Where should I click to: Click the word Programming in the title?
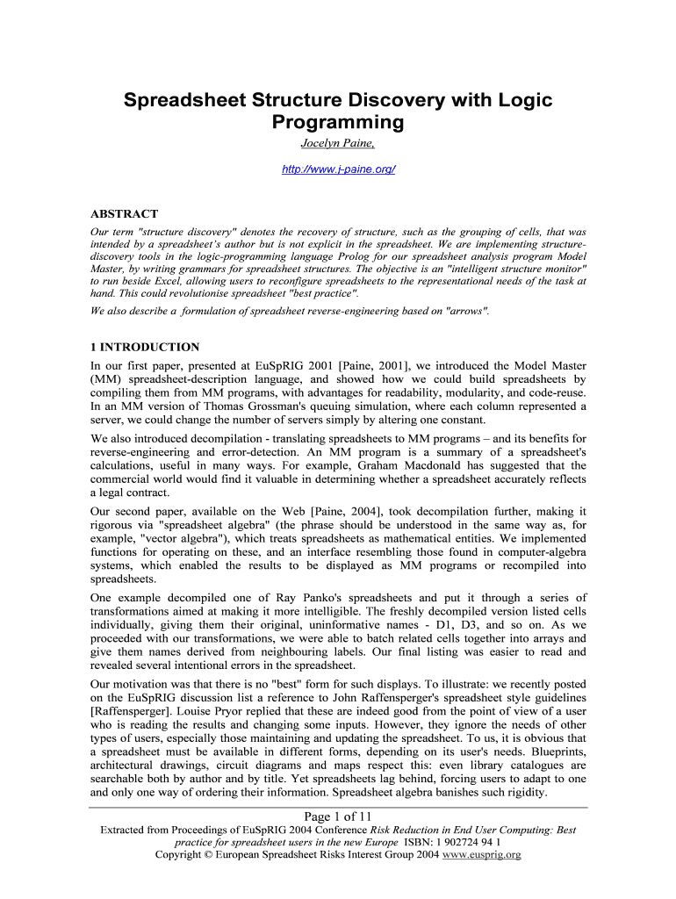tap(338, 122)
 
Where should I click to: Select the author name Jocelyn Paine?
tap(338, 143)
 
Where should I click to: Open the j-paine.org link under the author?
tap(338, 168)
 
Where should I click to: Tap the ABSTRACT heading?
tap(125, 213)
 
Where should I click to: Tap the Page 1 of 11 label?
tap(338, 817)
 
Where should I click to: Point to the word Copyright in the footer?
tap(183, 854)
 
